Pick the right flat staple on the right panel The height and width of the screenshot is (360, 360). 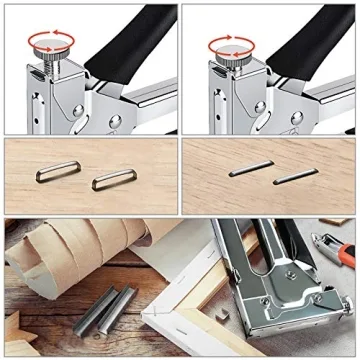pyautogui.click(x=296, y=177)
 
